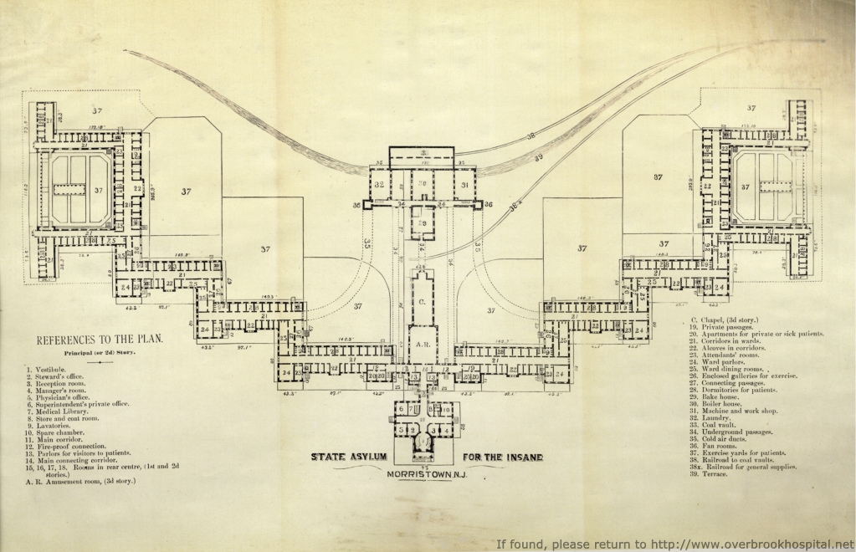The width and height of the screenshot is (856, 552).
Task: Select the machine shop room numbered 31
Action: (463, 185)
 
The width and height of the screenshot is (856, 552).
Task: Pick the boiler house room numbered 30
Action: (423, 183)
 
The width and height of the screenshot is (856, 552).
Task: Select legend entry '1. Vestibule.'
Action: (51, 370)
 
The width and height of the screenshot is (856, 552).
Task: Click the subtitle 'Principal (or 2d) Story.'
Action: (100, 353)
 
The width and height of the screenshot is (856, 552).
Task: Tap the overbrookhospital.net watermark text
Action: (675, 543)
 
